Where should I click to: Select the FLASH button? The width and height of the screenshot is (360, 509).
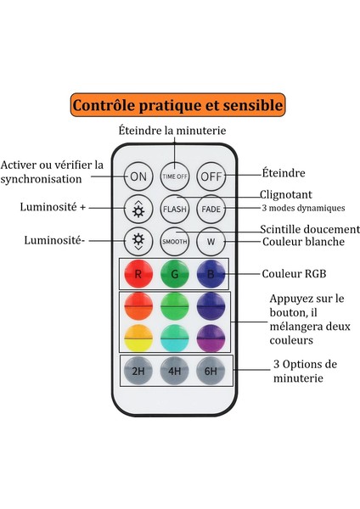pyautogui.click(x=175, y=208)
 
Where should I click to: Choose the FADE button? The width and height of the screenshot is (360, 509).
pyautogui.click(x=211, y=208)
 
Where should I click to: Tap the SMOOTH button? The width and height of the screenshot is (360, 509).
pyautogui.click(x=175, y=241)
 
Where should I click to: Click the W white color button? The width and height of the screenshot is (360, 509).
pyautogui.click(x=211, y=241)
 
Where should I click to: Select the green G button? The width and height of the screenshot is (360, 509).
pyautogui.click(x=175, y=275)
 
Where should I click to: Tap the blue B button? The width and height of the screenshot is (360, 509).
pyautogui.click(x=211, y=275)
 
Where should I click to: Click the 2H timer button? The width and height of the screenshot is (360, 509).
pyautogui.click(x=138, y=370)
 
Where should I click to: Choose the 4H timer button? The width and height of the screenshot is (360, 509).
pyautogui.click(x=175, y=370)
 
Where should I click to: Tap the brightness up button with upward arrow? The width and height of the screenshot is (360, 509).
pyautogui.click(x=138, y=208)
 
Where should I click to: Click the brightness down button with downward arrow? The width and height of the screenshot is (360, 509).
pyautogui.click(x=138, y=241)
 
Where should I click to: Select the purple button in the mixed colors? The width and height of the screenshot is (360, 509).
pyautogui.click(x=211, y=337)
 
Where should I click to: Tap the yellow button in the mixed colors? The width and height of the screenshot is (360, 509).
pyautogui.click(x=138, y=337)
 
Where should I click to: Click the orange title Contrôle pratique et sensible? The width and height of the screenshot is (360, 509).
pyautogui.click(x=178, y=106)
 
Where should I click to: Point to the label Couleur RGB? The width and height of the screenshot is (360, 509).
pyautogui.click(x=293, y=274)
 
